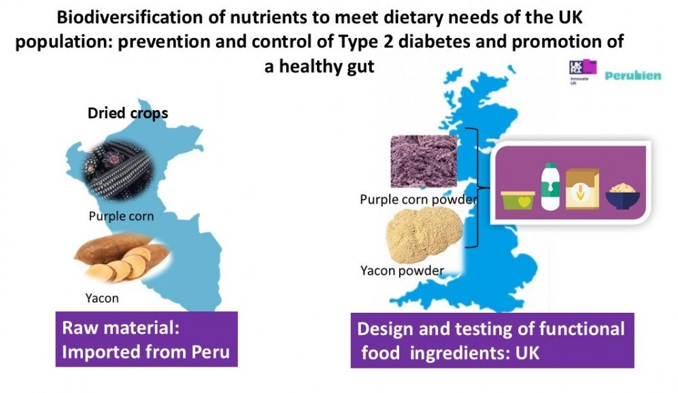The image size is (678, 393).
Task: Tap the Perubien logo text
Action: pyautogui.click(x=633, y=75)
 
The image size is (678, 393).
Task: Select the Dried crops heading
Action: pyautogui.click(x=127, y=113)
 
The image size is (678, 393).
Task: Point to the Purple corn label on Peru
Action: pyautogui.click(x=121, y=217)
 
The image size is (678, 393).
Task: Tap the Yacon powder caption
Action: pyautogui.click(x=402, y=271)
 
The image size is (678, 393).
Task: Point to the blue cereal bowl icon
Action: pyautogui.click(x=623, y=196)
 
